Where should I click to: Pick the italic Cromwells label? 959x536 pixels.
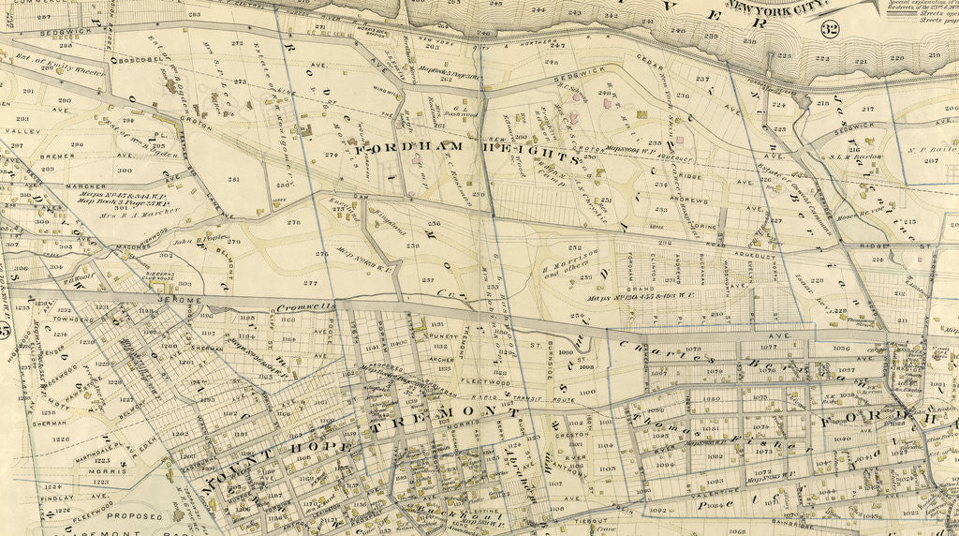[x=308, y=307]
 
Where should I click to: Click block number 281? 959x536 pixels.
[x=233, y=179]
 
